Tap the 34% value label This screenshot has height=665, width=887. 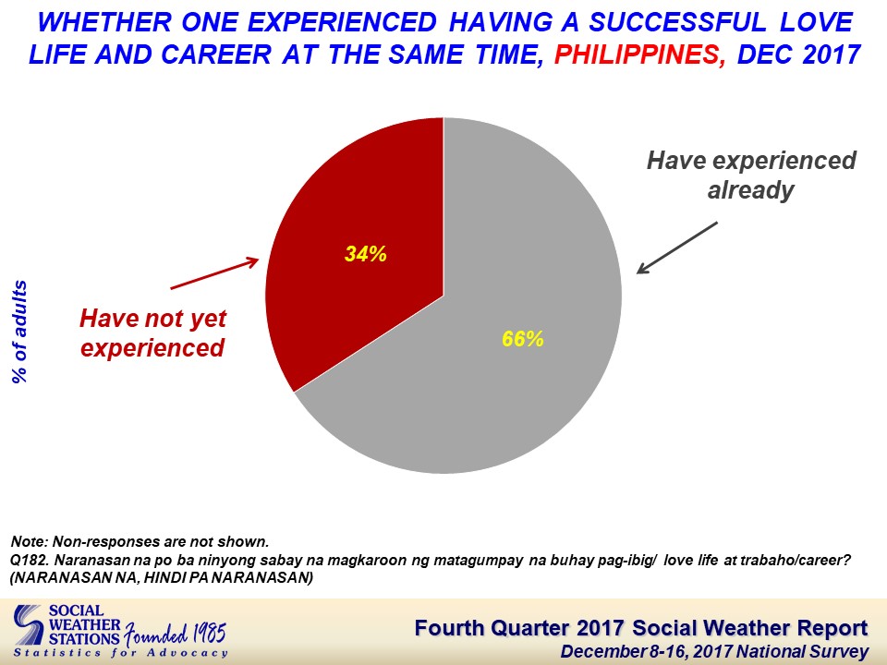pyautogui.click(x=366, y=255)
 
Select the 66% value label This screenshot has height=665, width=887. pyautogui.click(x=523, y=339)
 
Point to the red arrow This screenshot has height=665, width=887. pyautogui.click(x=214, y=273)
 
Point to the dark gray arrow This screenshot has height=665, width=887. pyautogui.click(x=677, y=248)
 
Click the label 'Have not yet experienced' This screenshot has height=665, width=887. pyautogui.click(x=152, y=333)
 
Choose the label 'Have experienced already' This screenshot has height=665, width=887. pyautogui.click(x=751, y=175)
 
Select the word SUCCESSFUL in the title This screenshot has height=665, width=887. pyautogui.click(x=677, y=22)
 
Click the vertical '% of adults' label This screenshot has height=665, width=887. pyautogui.click(x=19, y=332)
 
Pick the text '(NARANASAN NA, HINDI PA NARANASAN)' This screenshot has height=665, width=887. pyautogui.click(x=162, y=578)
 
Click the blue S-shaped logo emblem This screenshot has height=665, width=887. pyautogui.click(x=29, y=625)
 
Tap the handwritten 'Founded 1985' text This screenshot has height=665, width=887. pyautogui.click(x=176, y=634)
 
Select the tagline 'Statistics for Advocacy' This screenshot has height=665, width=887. pyautogui.click(x=120, y=653)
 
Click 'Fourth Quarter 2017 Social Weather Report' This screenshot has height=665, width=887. pyautogui.click(x=641, y=628)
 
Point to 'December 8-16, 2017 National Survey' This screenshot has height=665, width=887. pyautogui.click(x=714, y=651)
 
